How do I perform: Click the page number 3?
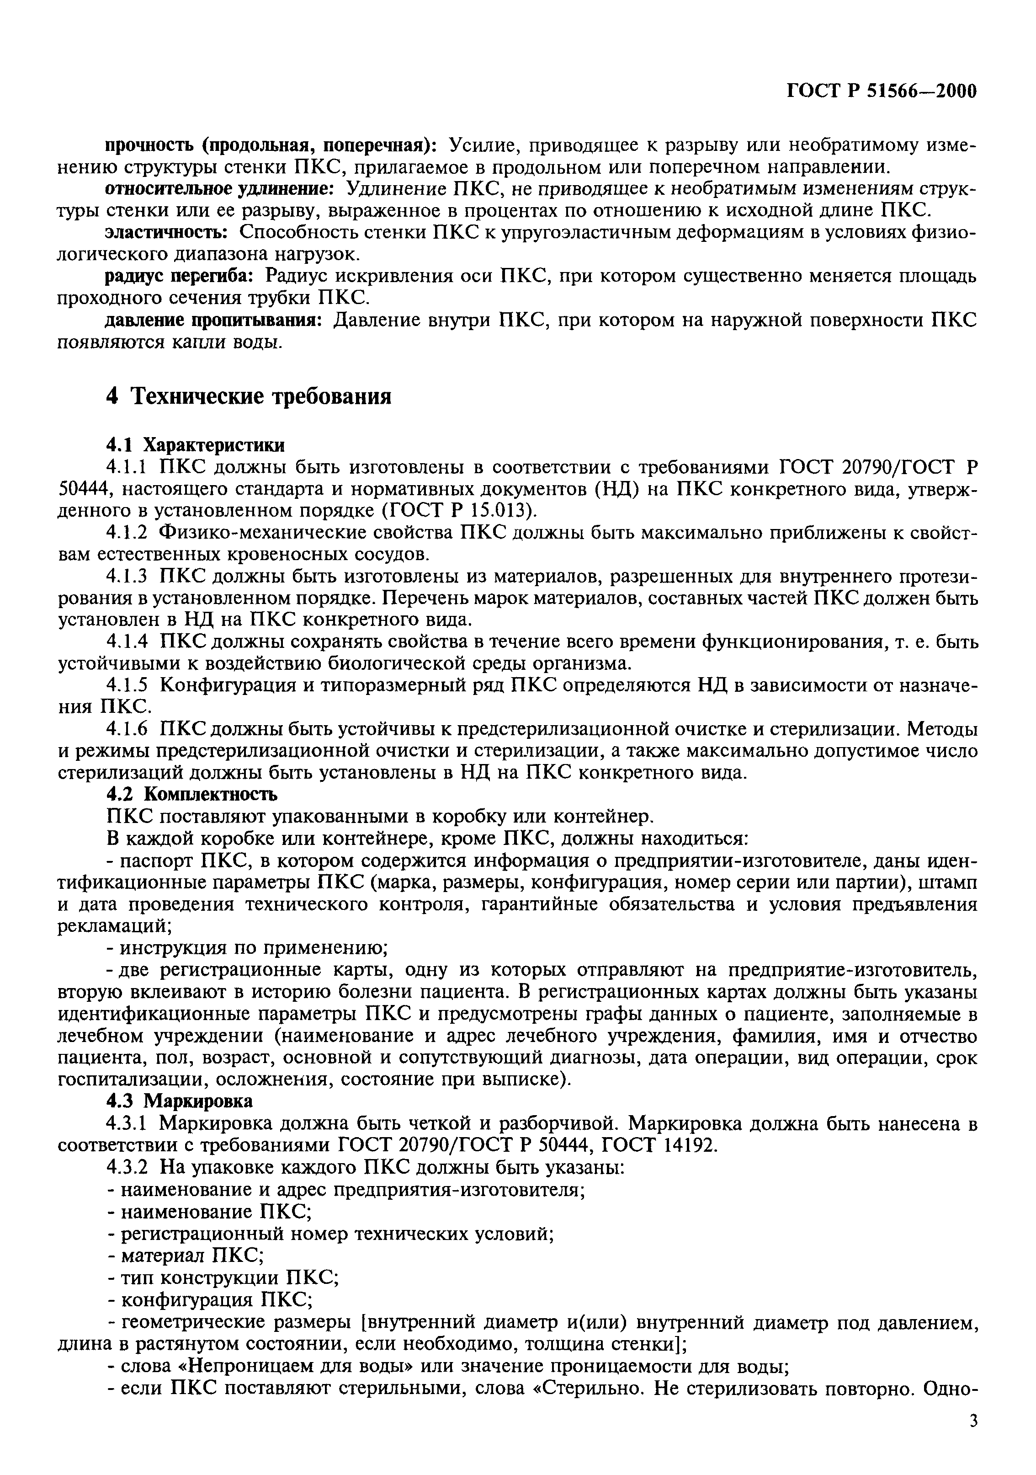[973, 1421]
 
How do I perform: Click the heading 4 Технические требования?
[249, 396]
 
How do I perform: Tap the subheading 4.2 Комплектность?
[191, 794]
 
